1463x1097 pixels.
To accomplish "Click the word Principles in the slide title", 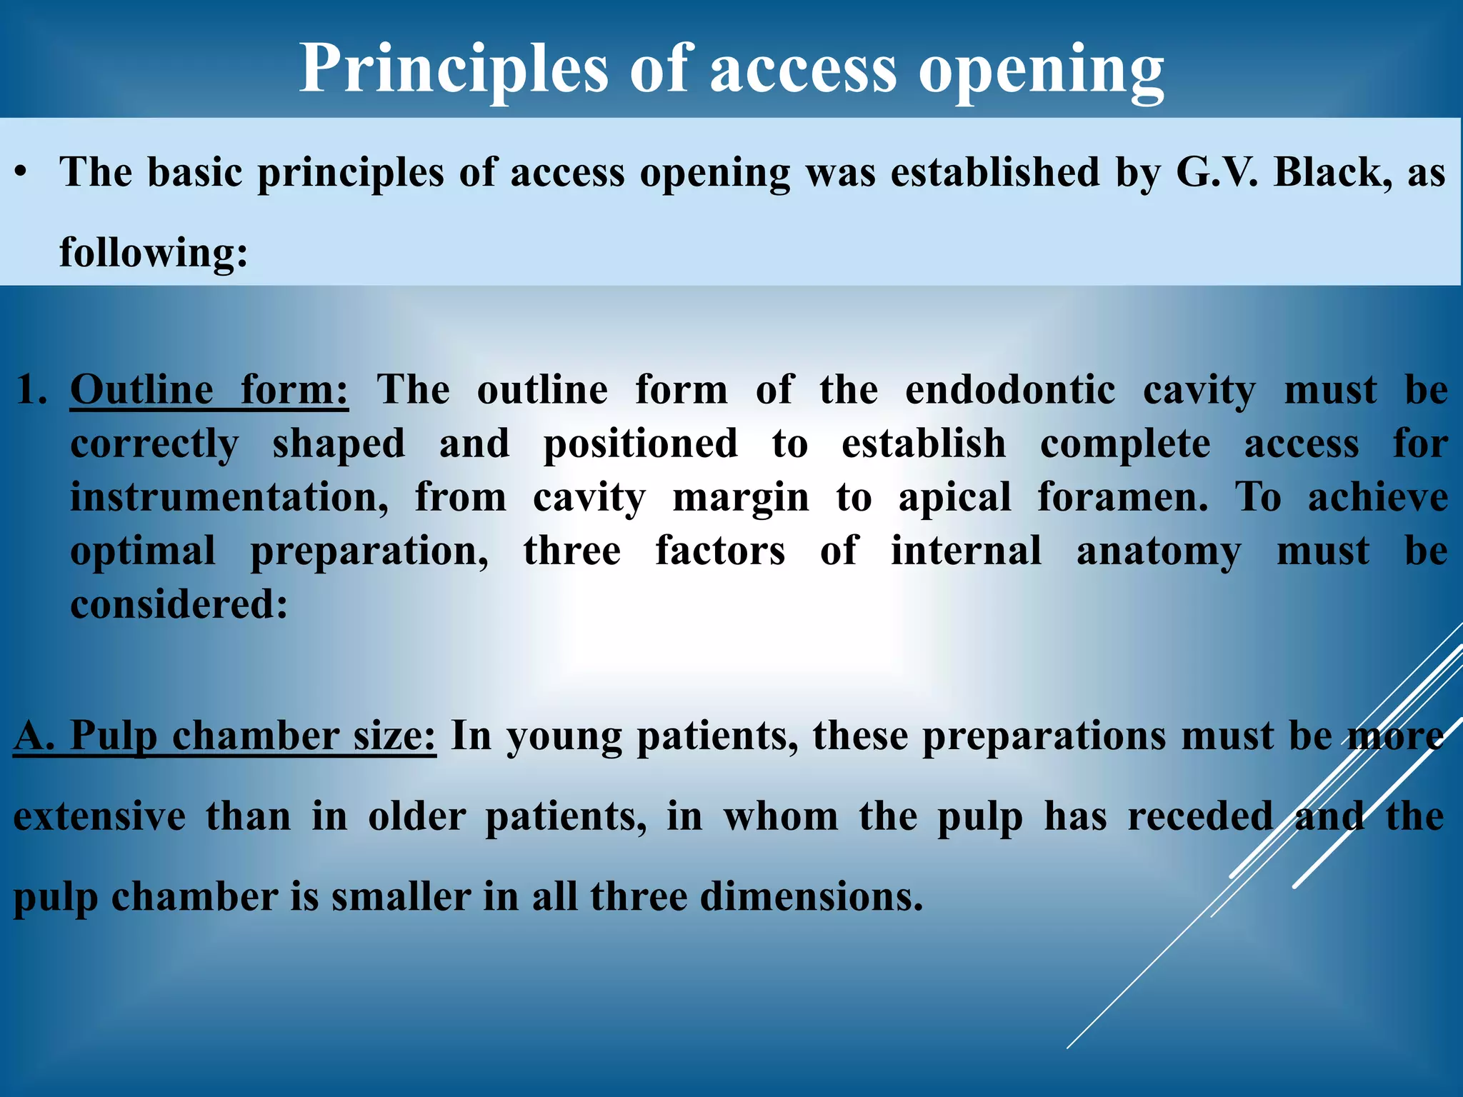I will click(453, 70).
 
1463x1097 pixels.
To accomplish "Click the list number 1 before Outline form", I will click(31, 391).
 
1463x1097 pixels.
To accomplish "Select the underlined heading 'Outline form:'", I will click(209, 391).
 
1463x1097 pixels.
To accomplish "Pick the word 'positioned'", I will click(641, 444).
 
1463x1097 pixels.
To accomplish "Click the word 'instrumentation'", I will click(229, 498).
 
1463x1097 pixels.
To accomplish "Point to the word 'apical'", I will click(955, 498).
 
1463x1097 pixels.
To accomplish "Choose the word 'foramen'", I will click(1122, 498).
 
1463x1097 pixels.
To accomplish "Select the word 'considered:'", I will click(179, 606).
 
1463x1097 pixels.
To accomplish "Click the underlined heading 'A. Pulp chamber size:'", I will click(224, 736).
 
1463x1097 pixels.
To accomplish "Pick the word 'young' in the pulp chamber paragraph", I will click(564, 736).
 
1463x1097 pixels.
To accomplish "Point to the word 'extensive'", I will click(99, 816).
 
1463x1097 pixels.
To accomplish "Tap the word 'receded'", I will click(1200, 816).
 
